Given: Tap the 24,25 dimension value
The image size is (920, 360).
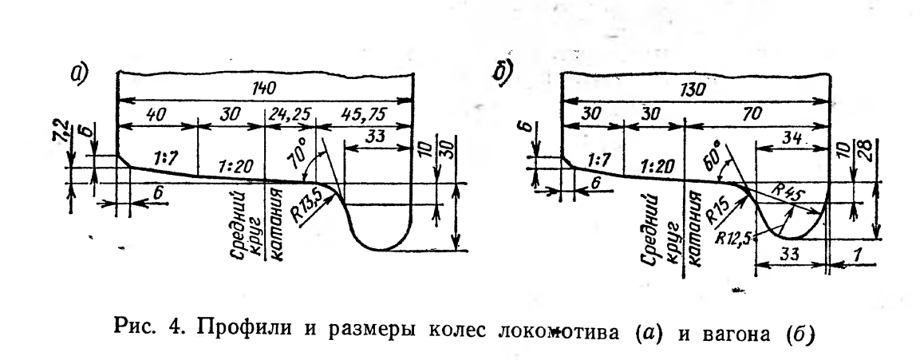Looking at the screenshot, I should click(290, 117).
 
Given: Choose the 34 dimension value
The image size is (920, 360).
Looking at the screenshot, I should click(790, 137).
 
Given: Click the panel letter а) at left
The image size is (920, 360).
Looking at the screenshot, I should click(79, 75).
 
